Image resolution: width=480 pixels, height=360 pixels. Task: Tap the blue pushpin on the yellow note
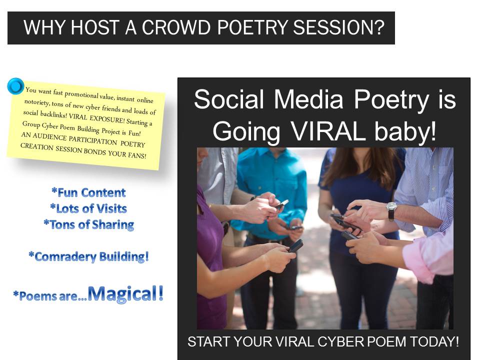click(16, 85)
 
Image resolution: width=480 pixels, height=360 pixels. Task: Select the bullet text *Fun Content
click(88, 192)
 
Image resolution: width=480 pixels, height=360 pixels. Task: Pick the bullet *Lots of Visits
click(88, 208)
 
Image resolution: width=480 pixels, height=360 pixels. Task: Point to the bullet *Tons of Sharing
click(88, 225)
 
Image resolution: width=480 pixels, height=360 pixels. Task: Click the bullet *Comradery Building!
click(88, 257)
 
